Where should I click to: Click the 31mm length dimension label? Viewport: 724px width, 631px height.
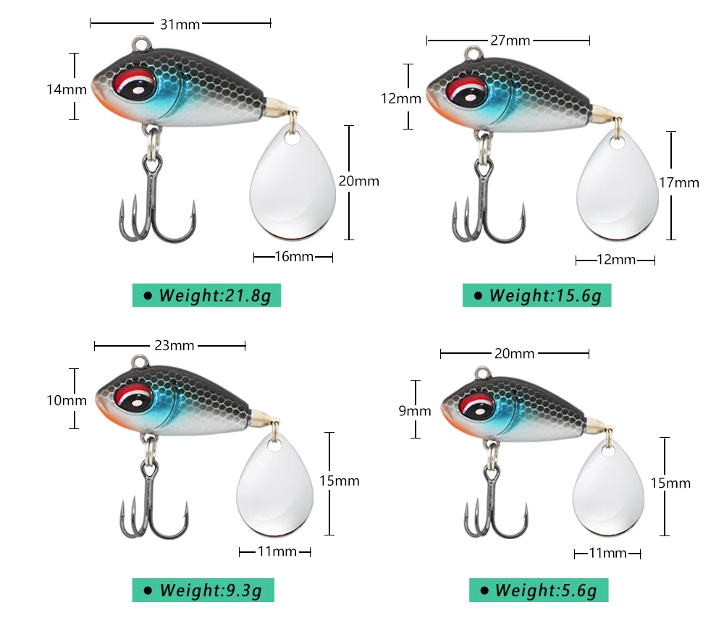click(x=180, y=24)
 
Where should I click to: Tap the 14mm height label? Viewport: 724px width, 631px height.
click(x=67, y=89)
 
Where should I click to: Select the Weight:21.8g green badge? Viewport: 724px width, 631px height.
click(x=206, y=295)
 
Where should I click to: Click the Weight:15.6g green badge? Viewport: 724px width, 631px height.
click(x=537, y=295)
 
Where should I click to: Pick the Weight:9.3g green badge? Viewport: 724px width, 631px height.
click(x=203, y=590)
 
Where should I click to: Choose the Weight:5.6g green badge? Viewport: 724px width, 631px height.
click(x=539, y=590)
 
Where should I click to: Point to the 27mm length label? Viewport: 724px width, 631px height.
click(x=510, y=41)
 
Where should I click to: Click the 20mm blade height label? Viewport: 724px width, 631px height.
click(x=359, y=181)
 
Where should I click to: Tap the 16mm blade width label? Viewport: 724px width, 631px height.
click(x=294, y=257)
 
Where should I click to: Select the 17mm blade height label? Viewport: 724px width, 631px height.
click(x=679, y=183)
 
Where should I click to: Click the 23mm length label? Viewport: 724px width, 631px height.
click(x=174, y=345)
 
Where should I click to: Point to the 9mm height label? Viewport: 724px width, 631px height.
click(x=415, y=411)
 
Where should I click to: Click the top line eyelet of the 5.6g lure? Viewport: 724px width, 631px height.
click(x=483, y=373)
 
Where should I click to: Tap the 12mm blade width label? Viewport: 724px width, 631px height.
click(x=616, y=260)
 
